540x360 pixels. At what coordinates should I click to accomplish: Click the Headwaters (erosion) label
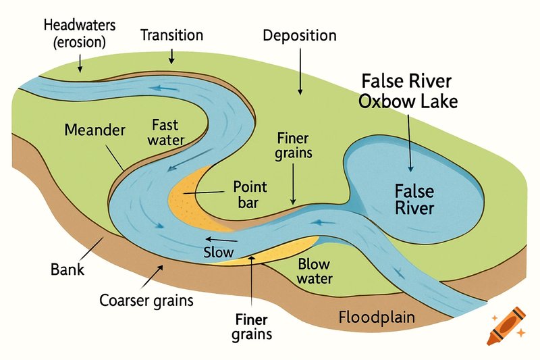point(80,34)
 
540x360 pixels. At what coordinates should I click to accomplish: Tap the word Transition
point(172,35)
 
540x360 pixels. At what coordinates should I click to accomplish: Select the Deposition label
point(300,36)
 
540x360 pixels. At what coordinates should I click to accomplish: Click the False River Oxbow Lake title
point(408,91)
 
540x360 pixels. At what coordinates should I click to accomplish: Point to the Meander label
point(94,130)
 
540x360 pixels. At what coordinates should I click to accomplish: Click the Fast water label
point(165,132)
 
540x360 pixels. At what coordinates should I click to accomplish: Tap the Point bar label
point(250,195)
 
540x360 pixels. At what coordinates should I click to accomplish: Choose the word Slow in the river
point(218,252)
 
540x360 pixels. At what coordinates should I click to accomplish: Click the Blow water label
point(315,272)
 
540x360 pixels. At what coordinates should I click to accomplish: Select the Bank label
point(67,269)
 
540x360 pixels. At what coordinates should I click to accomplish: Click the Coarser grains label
point(146,301)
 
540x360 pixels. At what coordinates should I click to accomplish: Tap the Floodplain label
point(377,317)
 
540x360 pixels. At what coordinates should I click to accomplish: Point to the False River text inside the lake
point(414,199)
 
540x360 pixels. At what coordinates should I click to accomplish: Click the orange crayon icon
point(507,326)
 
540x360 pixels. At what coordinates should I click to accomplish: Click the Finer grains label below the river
point(252,327)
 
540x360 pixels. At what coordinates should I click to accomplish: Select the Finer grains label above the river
point(294,146)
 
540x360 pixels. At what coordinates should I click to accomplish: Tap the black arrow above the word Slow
point(221,239)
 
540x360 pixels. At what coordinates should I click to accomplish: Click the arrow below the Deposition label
point(300,72)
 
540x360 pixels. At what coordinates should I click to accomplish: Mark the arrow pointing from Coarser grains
point(152,277)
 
